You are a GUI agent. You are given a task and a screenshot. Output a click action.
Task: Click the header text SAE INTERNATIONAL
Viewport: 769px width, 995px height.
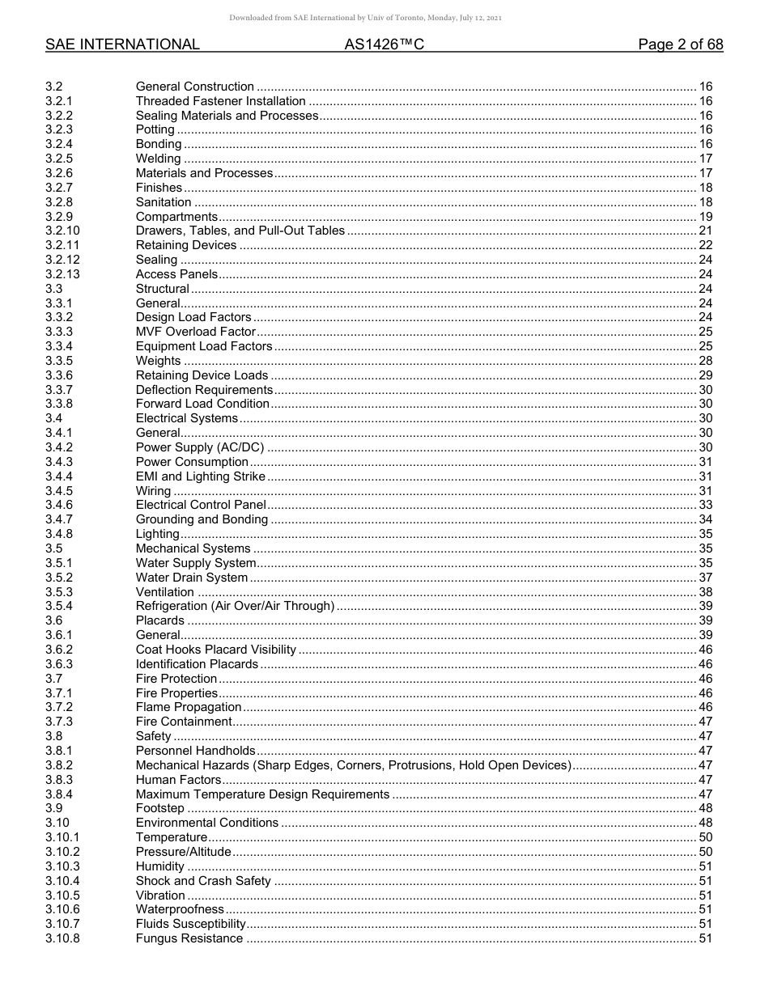(122, 44)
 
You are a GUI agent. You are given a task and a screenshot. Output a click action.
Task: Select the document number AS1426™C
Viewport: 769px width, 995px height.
(384, 44)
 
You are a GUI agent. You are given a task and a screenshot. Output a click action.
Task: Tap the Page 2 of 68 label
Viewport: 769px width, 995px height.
(680, 44)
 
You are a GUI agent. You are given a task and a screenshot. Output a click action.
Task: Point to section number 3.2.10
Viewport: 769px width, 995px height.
(63, 231)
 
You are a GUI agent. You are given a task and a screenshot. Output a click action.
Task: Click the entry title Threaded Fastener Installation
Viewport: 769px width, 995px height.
(220, 101)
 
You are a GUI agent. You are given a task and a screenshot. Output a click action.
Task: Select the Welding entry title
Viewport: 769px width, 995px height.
(158, 159)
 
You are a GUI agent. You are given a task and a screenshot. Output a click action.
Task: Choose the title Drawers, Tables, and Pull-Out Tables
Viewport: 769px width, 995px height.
(240, 231)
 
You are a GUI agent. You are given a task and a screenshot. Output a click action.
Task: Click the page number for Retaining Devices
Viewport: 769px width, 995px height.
(705, 245)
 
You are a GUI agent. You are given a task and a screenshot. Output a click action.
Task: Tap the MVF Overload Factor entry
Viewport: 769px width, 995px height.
(195, 332)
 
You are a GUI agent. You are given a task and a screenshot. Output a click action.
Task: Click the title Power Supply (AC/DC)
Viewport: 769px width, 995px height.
(199, 447)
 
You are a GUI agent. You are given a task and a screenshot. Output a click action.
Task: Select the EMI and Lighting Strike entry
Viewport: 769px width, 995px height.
(200, 476)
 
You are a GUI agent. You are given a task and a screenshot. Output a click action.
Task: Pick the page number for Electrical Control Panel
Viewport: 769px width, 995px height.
(705, 505)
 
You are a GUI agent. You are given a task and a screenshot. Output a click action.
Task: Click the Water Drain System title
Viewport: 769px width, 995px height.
(191, 578)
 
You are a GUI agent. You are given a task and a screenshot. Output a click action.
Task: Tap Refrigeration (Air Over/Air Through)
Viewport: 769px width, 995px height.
(235, 606)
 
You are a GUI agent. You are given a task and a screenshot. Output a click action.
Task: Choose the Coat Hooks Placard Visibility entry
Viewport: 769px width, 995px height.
(215, 650)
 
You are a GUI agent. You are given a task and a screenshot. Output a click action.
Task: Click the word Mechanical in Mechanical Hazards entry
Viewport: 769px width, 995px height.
(166, 765)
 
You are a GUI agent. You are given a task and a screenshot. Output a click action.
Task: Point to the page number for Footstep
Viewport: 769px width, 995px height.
(705, 808)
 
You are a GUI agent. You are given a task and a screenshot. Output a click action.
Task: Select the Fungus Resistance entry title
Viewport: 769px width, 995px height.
(189, 938)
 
